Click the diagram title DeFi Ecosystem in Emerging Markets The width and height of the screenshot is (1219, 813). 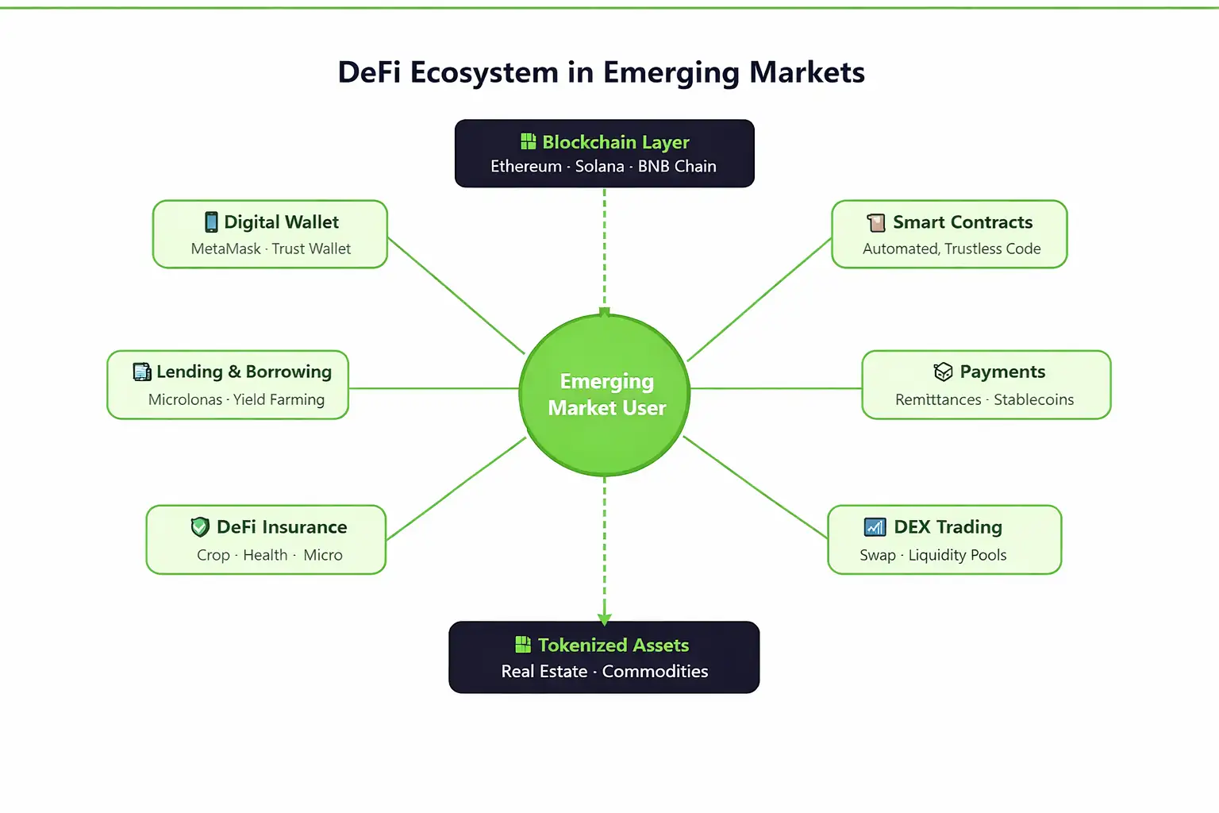(601, 72)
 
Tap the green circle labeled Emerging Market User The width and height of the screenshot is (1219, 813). (605, 395)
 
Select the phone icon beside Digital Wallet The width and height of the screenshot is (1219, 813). (211, 222)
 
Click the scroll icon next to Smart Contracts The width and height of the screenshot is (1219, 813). (876, 222)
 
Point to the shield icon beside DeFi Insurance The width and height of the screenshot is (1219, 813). (200, 526)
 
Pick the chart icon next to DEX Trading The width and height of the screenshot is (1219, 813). (875, 526)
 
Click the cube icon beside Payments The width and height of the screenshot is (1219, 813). (943, 372)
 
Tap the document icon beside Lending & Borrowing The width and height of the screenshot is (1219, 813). (142, 372)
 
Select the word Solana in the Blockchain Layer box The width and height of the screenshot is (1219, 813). (599, 167)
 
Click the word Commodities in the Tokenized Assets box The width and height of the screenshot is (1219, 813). (655, 672)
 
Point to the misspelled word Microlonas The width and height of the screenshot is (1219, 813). (185, 399)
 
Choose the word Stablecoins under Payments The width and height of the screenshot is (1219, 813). (1033, 399)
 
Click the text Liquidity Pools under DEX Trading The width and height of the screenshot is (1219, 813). (957, 555)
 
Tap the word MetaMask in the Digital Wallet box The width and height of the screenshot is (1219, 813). (225, 249)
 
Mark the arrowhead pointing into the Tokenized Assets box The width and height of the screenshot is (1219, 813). (605, 618)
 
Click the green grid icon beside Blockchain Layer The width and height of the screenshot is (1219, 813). (528, 141)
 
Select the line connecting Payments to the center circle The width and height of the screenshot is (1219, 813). (775, 388)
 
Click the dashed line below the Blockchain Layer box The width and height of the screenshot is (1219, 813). (605, 246)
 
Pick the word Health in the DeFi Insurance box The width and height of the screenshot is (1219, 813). (265, 555)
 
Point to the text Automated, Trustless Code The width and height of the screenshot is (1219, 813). (952, 249)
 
